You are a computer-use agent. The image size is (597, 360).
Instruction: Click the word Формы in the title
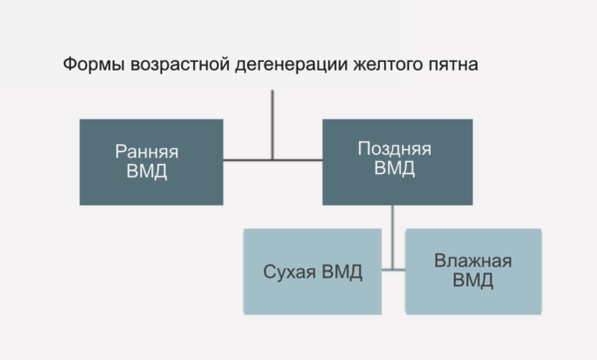93,65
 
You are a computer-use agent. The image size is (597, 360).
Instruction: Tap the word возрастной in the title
175,65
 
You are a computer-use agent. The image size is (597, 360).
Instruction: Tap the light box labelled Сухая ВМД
312,270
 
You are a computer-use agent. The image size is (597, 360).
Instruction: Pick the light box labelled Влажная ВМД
473,270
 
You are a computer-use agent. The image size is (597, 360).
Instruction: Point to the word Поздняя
394,148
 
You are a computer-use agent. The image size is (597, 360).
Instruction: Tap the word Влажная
473,262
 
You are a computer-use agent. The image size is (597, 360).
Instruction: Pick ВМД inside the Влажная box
473,281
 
